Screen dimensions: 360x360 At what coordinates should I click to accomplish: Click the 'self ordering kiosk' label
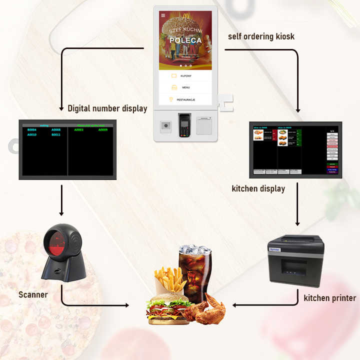click(261, 36)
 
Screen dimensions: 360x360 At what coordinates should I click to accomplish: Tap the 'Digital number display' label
click(107, 108)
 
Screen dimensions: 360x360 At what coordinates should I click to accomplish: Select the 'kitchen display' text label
click(258, 188)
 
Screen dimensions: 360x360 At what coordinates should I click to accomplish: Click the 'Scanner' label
click(33, 294)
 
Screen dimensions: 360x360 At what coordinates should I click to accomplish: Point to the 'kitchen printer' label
click(329, 298)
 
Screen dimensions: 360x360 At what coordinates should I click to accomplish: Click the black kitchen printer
click(295, 260)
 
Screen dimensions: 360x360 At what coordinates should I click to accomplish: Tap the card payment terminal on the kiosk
click(184, 125)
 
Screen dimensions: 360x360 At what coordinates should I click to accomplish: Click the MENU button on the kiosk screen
click(185, 87)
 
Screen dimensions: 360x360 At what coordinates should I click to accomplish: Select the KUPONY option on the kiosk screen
click(185, 75)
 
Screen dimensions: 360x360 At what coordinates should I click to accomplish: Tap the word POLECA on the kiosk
click(185, 40)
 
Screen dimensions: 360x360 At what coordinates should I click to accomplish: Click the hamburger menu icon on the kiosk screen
click(163, 15)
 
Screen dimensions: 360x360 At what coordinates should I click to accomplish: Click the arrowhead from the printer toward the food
click(235, 304)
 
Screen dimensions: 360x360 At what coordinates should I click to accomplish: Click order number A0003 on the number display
click(79, 130)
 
